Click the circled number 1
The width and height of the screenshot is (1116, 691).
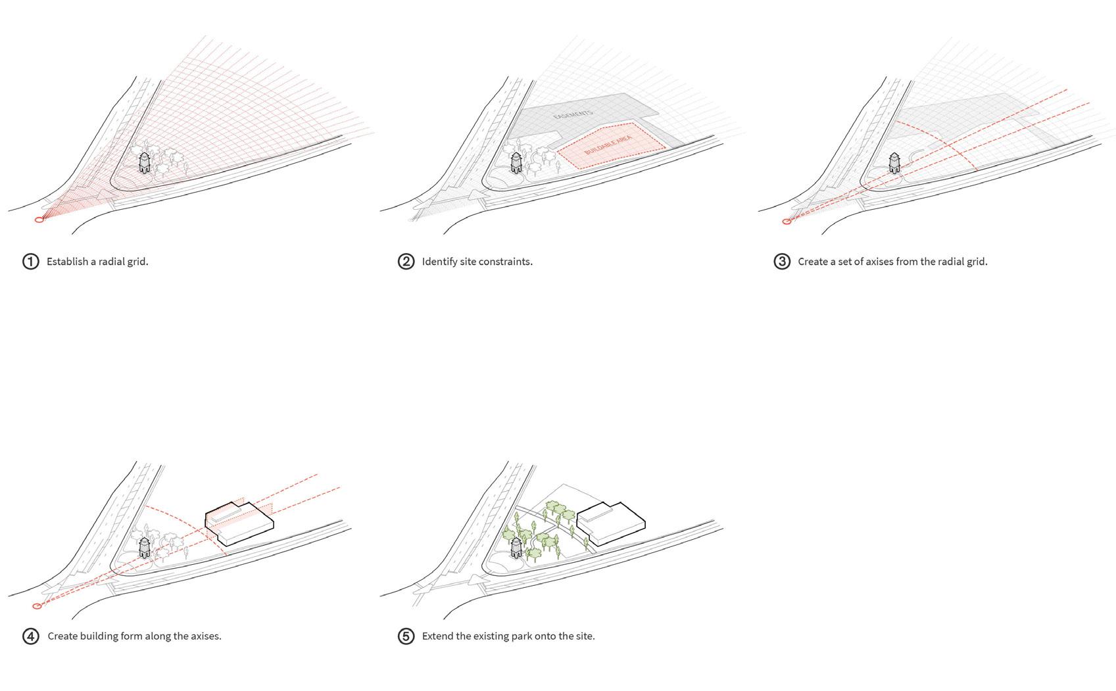point(30,262)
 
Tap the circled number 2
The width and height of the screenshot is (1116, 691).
point(406,262)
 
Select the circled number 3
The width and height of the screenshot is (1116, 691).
point(782,262)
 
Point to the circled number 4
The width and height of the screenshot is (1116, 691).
point(30,636)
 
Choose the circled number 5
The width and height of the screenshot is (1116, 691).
point(406,636)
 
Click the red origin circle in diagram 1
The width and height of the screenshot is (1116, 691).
point(39,220)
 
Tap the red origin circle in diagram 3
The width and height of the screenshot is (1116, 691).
point(787,222)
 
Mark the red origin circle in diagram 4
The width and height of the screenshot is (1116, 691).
point(37,606)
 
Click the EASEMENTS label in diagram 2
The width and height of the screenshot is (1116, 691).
point(573,114)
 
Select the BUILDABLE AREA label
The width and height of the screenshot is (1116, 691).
point(608,145)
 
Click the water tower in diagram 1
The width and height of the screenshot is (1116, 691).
point(144,162)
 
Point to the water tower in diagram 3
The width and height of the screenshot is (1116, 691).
point(895,163)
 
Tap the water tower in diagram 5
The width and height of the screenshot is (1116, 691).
point(516,548)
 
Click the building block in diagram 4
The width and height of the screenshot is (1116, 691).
point(239,523)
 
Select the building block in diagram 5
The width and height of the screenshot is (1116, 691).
point(612,523)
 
